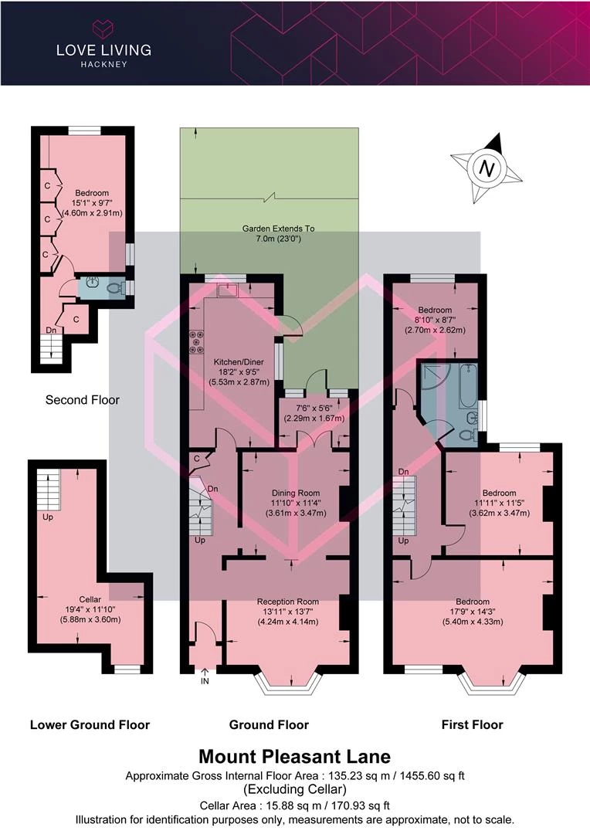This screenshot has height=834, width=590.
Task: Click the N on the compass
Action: point(487,168)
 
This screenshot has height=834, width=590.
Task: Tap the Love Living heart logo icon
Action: point(103,28)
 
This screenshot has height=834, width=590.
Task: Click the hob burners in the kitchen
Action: point(197,342)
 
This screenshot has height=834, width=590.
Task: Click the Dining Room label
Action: point(296,493)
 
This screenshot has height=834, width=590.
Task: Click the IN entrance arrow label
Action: point(205,680)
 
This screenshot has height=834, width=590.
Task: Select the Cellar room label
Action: point(90,599)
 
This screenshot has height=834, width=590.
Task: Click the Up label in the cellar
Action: point(48,517)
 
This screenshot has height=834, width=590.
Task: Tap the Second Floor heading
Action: point(83,400)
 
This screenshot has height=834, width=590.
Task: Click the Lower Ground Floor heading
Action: point(90,724)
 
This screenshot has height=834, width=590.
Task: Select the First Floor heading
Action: point(473,724)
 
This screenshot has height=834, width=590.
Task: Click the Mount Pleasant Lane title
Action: point(295,756)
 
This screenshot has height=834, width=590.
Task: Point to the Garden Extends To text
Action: point(278,229)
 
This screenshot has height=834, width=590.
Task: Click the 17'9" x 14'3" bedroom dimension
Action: point(473,612)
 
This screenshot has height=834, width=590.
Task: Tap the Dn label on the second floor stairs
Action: point(51,331)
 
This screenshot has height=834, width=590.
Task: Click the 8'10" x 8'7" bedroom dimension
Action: point(436,320)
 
